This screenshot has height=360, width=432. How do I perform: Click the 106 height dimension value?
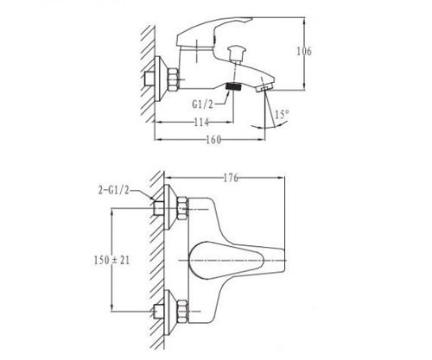point(304,52)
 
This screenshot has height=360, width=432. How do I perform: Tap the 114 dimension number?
point(201,123)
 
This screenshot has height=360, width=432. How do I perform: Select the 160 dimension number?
point(213,140)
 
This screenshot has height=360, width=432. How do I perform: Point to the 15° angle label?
point(282,114)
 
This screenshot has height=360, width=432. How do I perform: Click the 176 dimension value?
point(231,178)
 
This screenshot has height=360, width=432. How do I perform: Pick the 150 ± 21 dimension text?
point(111,261)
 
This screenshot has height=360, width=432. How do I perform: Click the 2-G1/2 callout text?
point(114,190)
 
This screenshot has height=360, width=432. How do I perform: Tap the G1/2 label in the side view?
point(202,104)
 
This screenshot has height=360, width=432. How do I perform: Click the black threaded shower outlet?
point(233,86)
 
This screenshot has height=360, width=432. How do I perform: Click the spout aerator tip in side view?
point(264,87)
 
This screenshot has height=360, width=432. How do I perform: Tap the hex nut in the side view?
point(174,79)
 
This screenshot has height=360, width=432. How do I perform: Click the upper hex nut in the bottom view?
point(182,208)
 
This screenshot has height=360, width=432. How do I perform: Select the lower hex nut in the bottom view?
point(182,312)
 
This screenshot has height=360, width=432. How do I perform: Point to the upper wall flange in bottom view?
point(169,207)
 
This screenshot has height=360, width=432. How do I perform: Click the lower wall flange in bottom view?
point(169,313)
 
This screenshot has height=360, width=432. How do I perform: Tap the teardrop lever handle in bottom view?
point(226,261)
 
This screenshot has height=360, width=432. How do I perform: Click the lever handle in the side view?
point(213,32)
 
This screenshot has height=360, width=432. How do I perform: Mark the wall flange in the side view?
point(161,79)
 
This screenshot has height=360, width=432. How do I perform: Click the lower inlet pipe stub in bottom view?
point(159,312)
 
